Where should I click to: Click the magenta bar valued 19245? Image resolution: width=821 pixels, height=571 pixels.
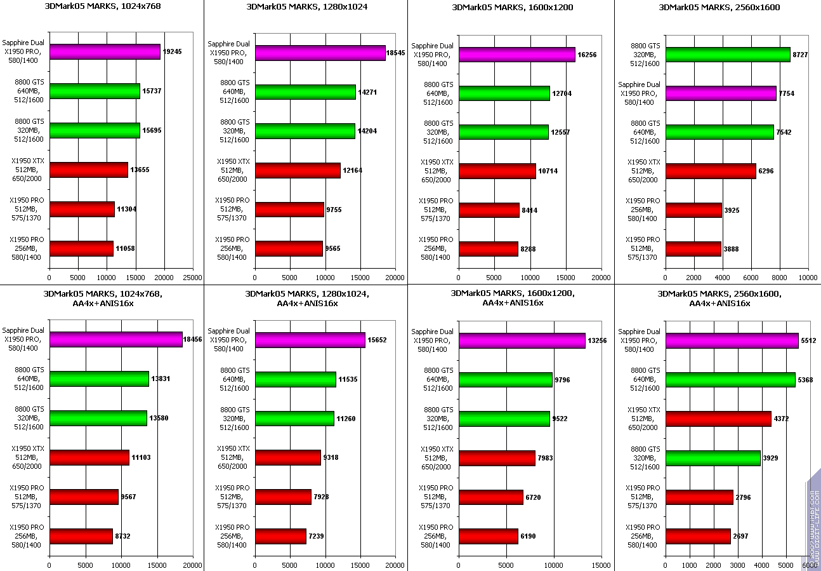pyautogui.click(x=105, y=52)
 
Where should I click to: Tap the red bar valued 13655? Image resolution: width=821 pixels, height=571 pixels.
pyautogui.click(x=89, y=170)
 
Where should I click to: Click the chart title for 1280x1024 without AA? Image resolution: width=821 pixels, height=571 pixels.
pyautogui.click(x=306, y=7)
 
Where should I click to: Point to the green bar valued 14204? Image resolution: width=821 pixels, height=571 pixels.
pyautogui.click(x=305, y=131)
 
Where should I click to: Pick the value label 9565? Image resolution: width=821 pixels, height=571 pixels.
pyautogui.click(x=332, y=248)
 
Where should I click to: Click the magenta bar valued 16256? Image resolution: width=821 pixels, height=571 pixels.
pyautogui.click(x=517, y=55)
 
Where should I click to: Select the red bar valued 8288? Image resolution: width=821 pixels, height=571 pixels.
pyautogui.click(x=489, y=249)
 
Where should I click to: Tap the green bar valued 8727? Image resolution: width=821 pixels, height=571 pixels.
pyautogui.click(x=728, y=55)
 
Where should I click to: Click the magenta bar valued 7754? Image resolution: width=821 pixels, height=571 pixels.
pyautogui.click(x=721, y=93)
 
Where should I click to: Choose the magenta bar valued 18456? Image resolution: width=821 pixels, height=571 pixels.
pyautogui.click(x=116, y=340)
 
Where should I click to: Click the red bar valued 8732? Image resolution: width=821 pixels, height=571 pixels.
pyautogui.click(x=81, y=537)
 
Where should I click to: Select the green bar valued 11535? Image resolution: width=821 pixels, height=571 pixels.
pyautogui.click(x=296, y=379)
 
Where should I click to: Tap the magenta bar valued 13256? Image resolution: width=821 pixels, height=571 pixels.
pyautogui.click(x=522, y=341)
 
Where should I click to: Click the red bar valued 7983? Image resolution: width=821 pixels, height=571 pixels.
pyautogui.click(x=497, y=459)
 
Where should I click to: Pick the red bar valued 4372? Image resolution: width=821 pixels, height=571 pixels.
pyautogui.click(x=718, y=419)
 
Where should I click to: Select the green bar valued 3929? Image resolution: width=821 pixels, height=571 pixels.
pyautogui.click(x=713, y=458)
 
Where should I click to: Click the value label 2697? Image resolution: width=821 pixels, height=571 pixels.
pyautogui.click(x=740, y=537)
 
